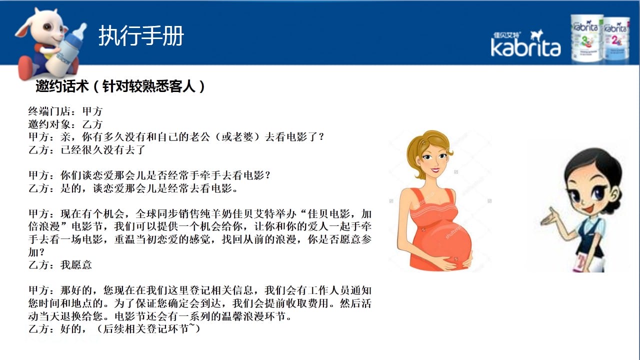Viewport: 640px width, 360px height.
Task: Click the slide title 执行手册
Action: point(141,35)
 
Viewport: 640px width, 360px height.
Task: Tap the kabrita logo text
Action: point(525,47)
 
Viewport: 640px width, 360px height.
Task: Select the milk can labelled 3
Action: point(586,38)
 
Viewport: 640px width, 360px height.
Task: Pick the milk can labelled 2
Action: point(617,39)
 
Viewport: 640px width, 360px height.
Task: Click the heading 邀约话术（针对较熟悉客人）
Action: point(120,86)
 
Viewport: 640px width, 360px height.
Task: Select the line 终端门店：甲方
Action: point(65,111)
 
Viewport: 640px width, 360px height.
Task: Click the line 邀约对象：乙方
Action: point(65,124)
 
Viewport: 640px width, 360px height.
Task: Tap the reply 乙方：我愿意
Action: point(60,265)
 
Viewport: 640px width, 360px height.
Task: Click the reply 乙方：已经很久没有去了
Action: point(87,149)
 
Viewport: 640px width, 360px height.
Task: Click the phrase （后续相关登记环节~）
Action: point(148,329)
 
